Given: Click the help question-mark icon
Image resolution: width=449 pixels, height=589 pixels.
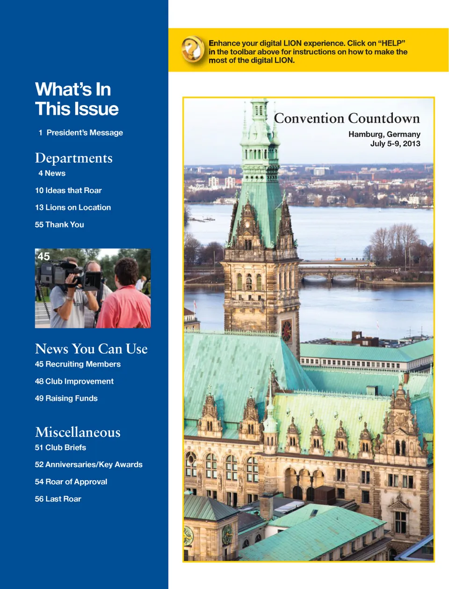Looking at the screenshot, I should tap(193, 49).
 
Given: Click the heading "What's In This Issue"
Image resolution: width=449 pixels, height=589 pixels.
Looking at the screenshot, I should tap(77, 99).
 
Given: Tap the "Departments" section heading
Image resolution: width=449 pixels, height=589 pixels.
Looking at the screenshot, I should tap(74, 158).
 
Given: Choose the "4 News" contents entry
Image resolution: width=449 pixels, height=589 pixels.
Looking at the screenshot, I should tap(52, 173).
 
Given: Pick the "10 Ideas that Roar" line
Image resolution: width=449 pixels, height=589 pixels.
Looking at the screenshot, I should tap(68, 191).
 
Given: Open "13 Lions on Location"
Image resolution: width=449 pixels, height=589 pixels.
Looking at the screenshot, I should tap(73, 208).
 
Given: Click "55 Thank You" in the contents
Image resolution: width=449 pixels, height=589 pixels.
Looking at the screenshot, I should tap(59, 225).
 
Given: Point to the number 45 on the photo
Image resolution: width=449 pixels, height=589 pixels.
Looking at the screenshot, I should tap(43, 257).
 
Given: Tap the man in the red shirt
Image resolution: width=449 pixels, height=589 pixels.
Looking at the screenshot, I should tap(125, 299).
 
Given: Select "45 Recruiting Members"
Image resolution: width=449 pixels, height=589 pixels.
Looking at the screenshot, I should tap(78, 364).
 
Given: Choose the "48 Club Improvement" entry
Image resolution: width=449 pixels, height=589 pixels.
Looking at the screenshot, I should tap(74, 381).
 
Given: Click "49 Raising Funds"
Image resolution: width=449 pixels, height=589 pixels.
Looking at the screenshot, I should tap(66, 399).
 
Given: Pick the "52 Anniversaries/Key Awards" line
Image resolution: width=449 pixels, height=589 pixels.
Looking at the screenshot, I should tap(88, 465).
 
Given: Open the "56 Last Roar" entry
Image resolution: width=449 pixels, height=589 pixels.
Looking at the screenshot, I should tap(58, 499).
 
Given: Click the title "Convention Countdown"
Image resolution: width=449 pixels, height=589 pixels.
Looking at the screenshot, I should tap(347, 118).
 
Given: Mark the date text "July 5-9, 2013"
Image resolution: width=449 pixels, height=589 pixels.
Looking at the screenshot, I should tap(395, 144).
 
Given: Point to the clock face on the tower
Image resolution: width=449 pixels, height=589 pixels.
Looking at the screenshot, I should tap(286, 330).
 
